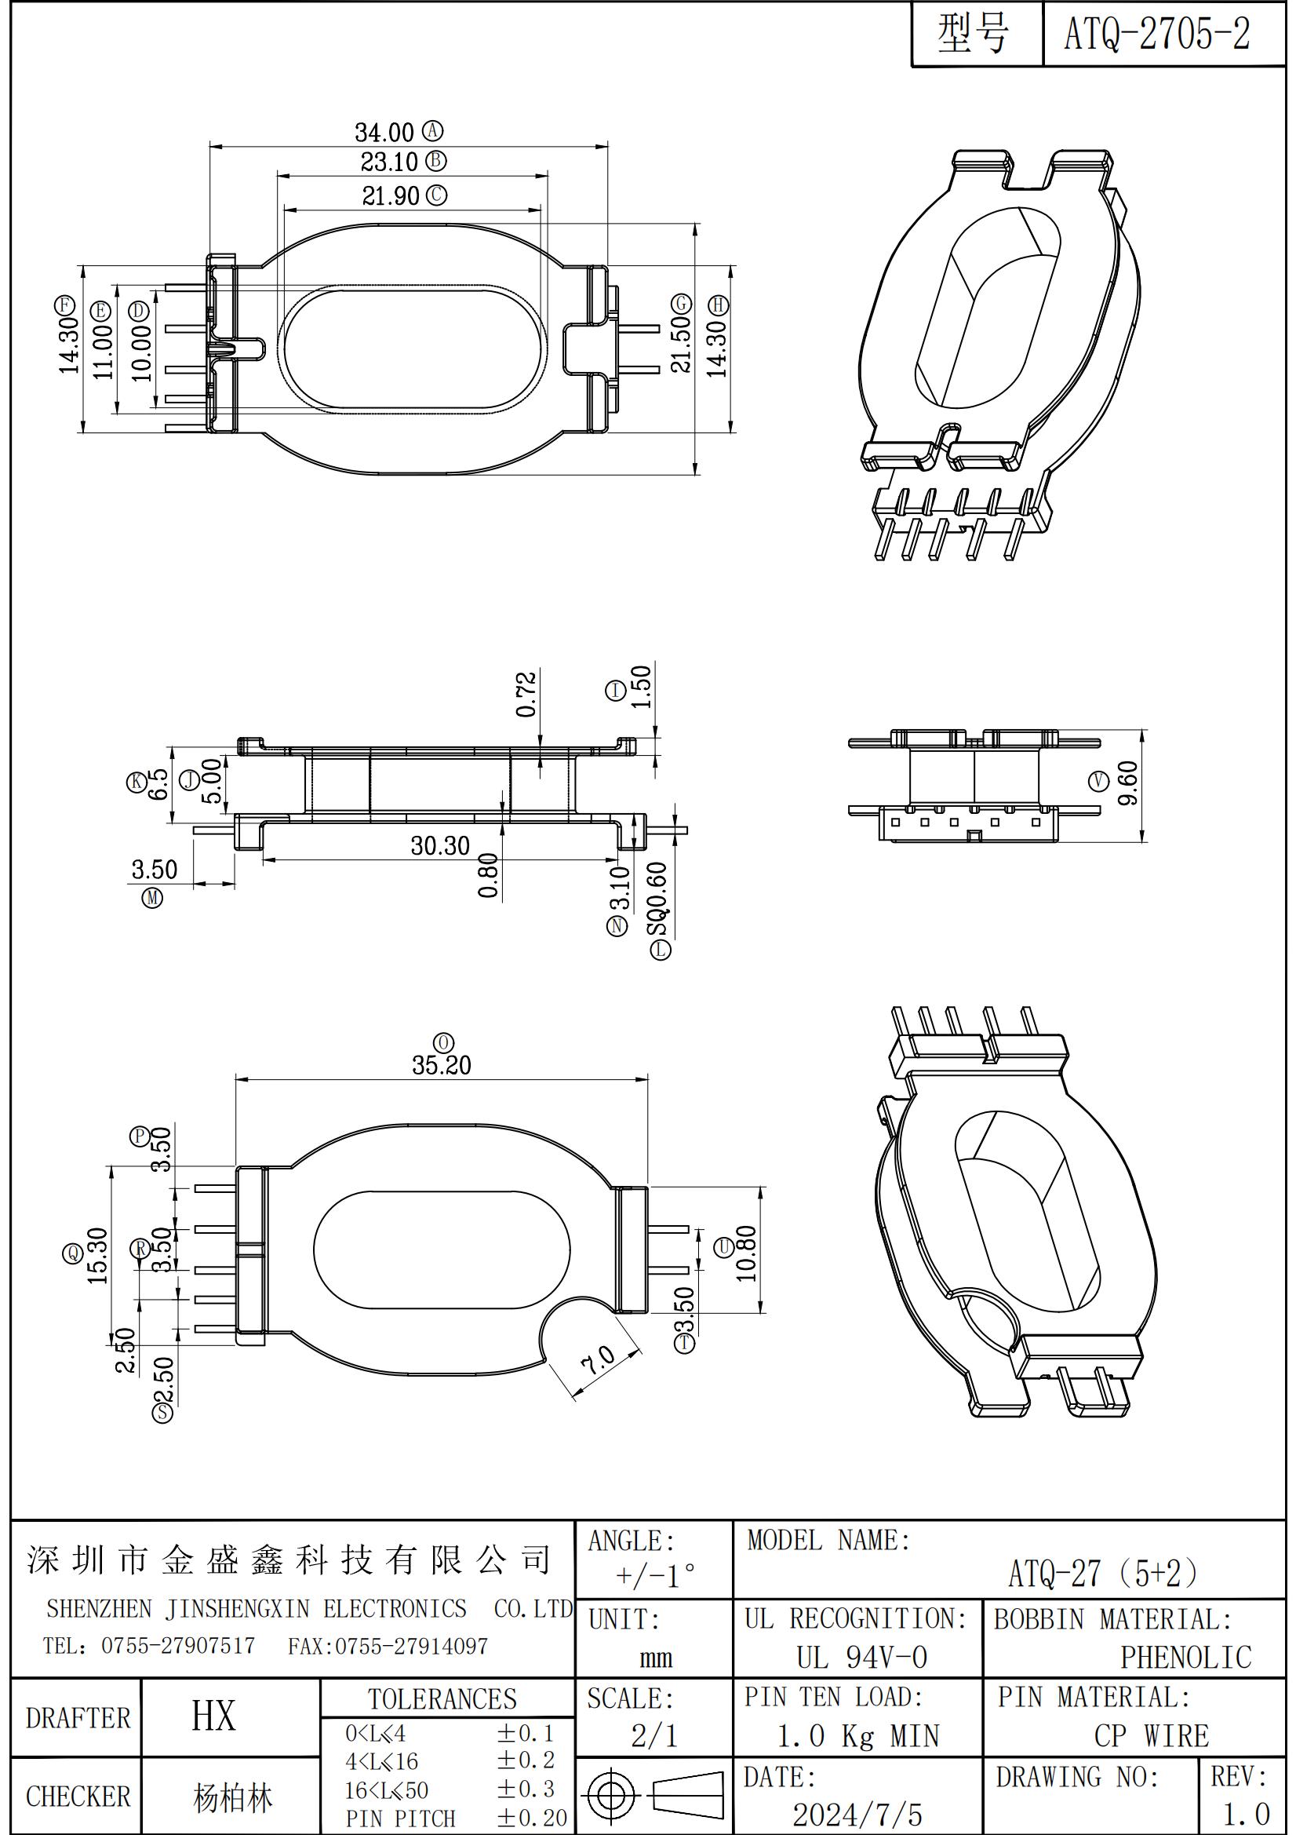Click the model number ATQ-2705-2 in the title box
1156,35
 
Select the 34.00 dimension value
384,132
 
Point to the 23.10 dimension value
389,163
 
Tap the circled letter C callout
436,195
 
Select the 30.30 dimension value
440,845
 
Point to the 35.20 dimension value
442,1065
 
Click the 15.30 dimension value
97,1255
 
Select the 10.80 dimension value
746,1253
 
